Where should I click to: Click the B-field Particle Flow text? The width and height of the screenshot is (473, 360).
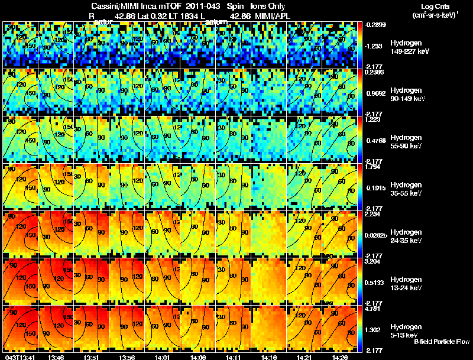(x=441, y=342)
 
